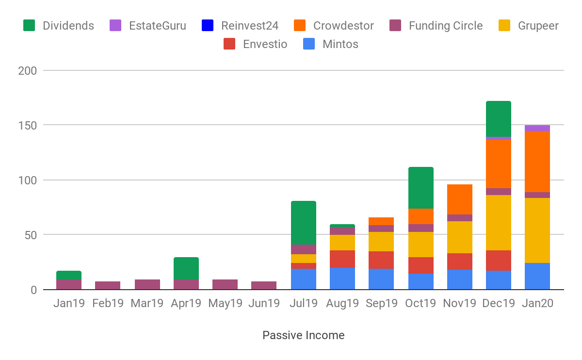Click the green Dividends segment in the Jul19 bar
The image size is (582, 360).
pyautogui.click(x=303, y=223)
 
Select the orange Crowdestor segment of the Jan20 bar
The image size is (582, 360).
pyautogui.click(x=537, y=162)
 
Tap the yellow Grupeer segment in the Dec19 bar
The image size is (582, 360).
pyautogui.click(x=498, y=223)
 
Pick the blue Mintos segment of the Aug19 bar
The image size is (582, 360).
pyautogui.click(x=342, y=278)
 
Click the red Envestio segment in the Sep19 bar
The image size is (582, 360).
pyautogui.click(x=381, y=260)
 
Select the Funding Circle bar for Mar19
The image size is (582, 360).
pyautogui.click(x=147, y=284)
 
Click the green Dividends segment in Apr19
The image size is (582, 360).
pyautogui.click(x=186, y=268)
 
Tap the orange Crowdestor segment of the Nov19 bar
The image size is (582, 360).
pyautogui.click(x=459, y=199)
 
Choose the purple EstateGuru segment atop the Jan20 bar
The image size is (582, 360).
pyautogui.click(x=537, y=128)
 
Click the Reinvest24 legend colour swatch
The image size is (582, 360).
pyautogui.click(x=208, y=26)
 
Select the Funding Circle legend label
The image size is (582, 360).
pyautogui.click(x=446, y=26)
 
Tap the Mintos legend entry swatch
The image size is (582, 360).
pyautogui.click(x=309, y=44)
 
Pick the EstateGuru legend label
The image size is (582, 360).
pyautogui.click(x=157, y=26)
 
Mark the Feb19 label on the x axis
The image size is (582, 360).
pyautogui.click(x=108, y=304)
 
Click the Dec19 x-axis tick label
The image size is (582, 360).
pyautogui.click(x=498, y=304)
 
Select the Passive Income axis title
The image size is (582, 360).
pyautogui.click(x=304, y=335)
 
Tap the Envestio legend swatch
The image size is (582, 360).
pyautogui.click(x=229, y=44)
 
